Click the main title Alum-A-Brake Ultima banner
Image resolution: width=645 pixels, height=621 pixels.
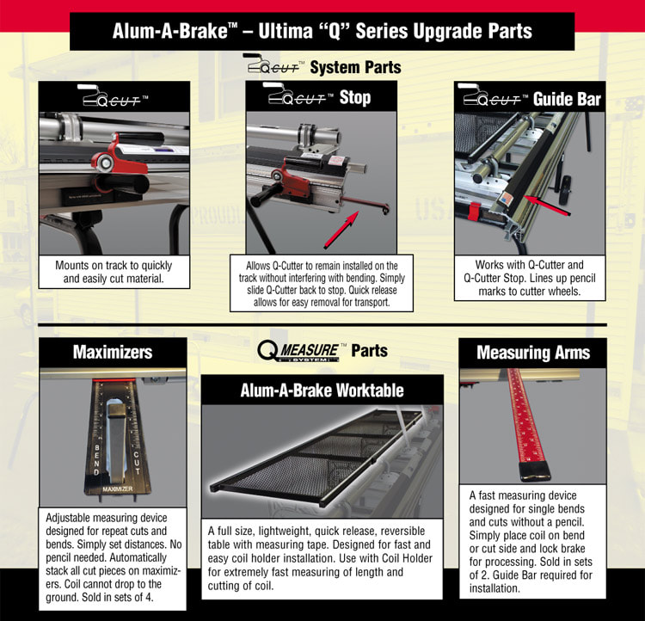click(x=322, y=32)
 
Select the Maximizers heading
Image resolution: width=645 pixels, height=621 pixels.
click(x=113, y=352)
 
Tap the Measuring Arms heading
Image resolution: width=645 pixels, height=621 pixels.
click(x=532, y=352)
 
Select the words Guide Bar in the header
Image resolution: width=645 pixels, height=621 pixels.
click(x=567, y=98)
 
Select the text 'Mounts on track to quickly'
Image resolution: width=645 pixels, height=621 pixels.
click(x=114, y=265)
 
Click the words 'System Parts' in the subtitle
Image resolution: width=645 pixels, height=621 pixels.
click(x=354, y=66)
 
